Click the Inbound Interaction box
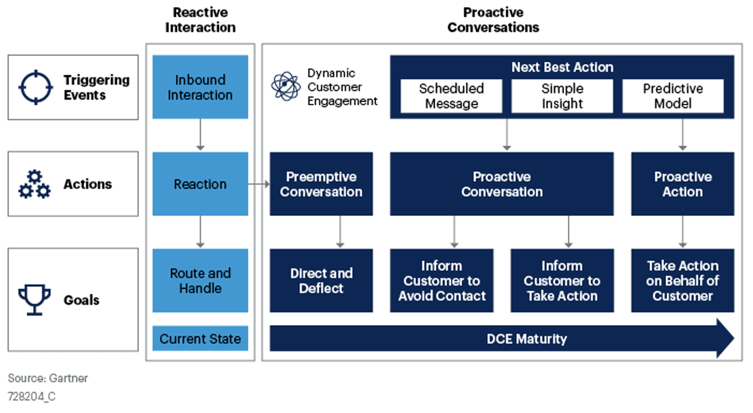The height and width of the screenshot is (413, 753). tap(200, 87)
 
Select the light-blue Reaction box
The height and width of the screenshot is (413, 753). tap(200, 184)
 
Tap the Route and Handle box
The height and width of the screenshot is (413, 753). tap(200, 280)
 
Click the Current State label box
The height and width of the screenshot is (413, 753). tap(200, 339)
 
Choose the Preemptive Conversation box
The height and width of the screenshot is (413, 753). tap(321, 184)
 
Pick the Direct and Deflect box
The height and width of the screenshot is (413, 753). tap(321, 280)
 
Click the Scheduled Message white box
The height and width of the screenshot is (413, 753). tap(451, 96)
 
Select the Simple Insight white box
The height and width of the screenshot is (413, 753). tap(562, 96)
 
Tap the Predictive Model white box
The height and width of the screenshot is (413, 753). tap(672, 96)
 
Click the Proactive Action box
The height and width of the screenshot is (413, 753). tap(682, 184)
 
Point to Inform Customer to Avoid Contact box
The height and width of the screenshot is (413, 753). tap(441, 280)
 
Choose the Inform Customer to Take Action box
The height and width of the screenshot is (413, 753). tap(562, 280)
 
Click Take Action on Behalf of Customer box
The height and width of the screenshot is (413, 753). tap(682, 280)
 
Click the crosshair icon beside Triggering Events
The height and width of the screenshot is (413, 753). tap(36, 87)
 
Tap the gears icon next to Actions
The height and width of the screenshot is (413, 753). tap(34, 184)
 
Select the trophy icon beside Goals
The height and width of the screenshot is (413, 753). tap(34, 299)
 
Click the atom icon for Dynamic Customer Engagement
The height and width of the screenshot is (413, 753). tap(286, 87)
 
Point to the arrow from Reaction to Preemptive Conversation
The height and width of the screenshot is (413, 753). tap(258, 184)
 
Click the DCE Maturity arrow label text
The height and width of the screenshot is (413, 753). tap(526, 339)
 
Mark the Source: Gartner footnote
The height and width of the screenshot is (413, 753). tap(48, 378)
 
